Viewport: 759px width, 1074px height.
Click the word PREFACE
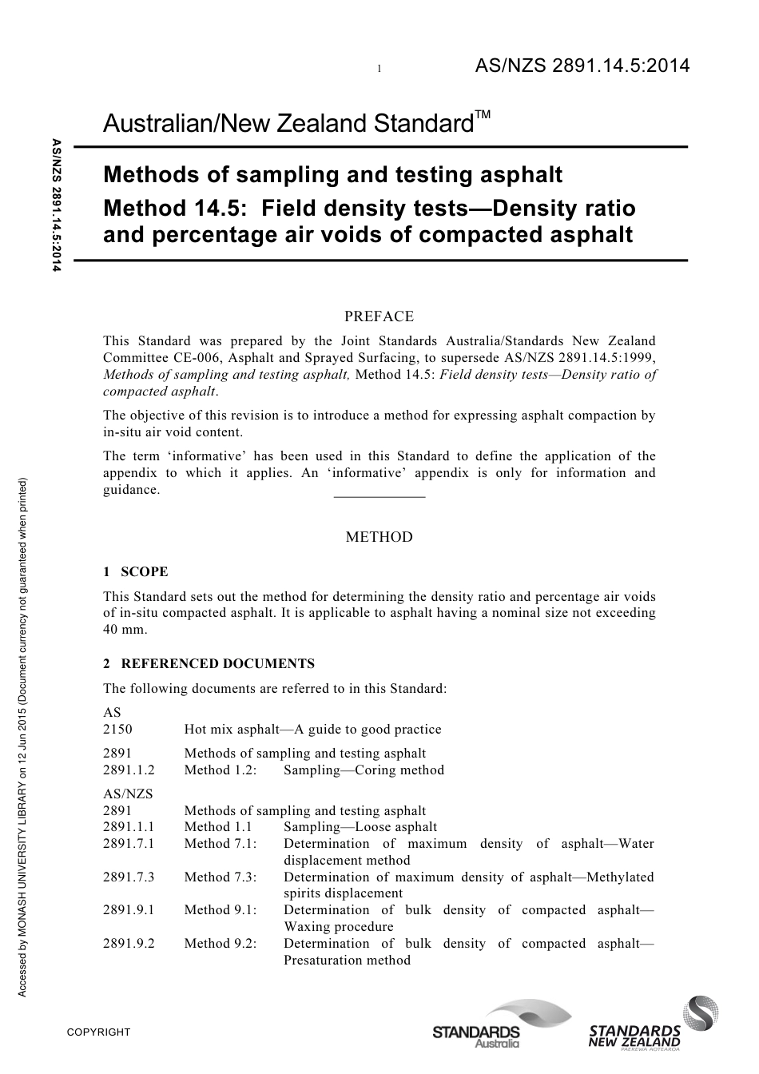[x=379, y=316]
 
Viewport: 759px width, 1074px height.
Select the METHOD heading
[x=379, y=537]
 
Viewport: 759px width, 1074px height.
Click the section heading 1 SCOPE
[x=136, y=572]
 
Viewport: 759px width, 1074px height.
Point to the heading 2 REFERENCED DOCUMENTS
[x=209, y=664]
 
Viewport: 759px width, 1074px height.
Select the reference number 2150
[x=117, y=730]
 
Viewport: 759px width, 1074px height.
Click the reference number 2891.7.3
[x=129, y=877]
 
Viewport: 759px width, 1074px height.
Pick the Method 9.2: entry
[x=221, y=944]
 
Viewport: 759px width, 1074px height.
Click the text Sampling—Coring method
[x=364, y=770]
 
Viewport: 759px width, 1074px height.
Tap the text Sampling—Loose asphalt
[x=360, y=828]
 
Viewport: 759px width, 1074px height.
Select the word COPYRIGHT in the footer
[x=98, y=1032]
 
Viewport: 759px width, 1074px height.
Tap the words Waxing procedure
[x=339, y=927]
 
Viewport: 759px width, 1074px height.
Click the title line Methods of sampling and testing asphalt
[x=333, y=174]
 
